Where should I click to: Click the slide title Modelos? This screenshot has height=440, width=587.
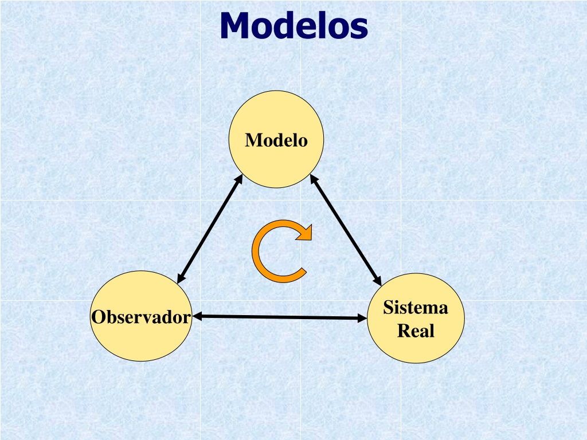point(294,25)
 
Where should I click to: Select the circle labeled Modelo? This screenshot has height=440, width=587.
point(276,139)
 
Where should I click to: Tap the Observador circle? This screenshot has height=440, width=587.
point(141,316)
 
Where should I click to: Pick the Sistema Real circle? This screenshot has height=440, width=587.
point(416,318)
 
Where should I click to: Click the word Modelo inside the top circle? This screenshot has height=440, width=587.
point(276,140)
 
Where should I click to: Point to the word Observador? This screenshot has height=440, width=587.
point(141,317)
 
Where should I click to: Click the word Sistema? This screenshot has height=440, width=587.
point(416,307)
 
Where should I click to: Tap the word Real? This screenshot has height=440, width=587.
point(416,331)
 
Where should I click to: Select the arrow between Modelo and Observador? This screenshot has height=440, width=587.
point(210,229)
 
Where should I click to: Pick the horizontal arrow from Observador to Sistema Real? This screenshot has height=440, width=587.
point(280,317)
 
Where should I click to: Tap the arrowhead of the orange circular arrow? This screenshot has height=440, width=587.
point(304,233)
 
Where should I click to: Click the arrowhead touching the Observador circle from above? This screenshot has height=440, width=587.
point(181,278)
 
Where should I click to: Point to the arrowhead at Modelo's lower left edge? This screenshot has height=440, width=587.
point(238,179)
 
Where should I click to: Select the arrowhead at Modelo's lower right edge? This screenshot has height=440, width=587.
point(314,179)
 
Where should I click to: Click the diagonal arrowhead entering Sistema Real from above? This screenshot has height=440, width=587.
point(377,281)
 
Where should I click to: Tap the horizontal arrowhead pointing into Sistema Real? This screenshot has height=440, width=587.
point(362,319)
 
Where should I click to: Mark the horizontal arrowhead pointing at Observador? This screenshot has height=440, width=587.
point(197,316)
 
